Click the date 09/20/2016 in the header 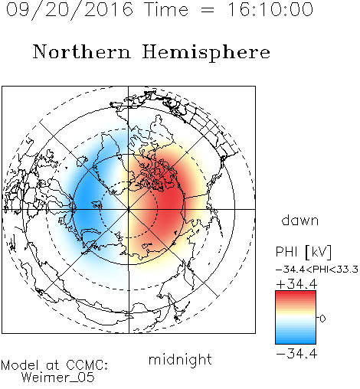pos(69,10)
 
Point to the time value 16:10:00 pos(270,9)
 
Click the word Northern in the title pos(82,52)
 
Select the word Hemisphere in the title pos(206,53)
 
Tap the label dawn pos(300,220)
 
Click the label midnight pos(180,361)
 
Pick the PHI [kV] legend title pos(303,252)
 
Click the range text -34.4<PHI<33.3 pos(317,270)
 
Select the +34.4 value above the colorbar pos(296,284)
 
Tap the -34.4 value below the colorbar pos(296,354)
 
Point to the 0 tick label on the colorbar pos(322,319)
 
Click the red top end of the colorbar pos(296,293)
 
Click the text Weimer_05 pos(58,378)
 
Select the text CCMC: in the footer pos(87,365)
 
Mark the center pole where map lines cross pos(129,209)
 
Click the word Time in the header pos(166,9)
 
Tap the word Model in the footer pos(20,365)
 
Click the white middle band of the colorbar pos(296,318)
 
